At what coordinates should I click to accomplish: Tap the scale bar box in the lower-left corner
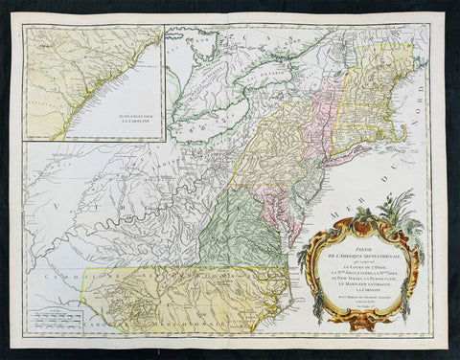55,319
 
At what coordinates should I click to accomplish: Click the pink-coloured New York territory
316,105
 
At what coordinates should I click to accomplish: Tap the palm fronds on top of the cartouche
402,206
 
